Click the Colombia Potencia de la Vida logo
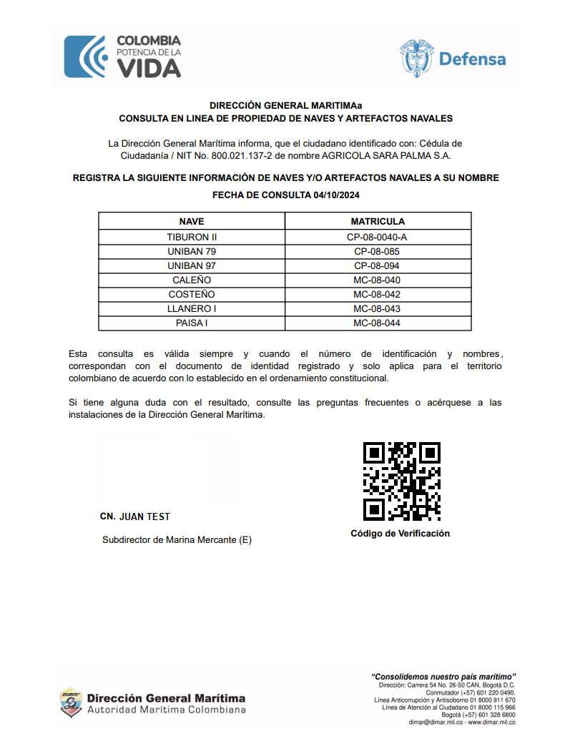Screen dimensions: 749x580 [122, 57]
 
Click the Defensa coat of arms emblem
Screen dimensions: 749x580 [416, 58]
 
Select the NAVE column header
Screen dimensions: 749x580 [192, 222]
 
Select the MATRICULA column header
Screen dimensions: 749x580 [377, 222]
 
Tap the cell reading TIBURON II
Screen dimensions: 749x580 [192, 237]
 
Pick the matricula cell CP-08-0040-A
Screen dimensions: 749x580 [377, 237]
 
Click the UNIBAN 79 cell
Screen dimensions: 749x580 [192, 251]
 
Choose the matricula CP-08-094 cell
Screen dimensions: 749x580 [377, 265]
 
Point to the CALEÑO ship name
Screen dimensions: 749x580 [192, 280]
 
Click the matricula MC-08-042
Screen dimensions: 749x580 [377, 294]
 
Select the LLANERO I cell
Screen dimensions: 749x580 [192, 308]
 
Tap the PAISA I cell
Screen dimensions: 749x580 [192, 323]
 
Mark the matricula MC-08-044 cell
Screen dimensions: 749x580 [377, 323]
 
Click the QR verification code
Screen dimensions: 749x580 [401, 481]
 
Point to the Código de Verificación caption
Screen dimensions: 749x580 [400, 534]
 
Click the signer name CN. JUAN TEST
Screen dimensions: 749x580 [135, 517]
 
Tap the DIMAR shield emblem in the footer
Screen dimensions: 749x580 [70, 702]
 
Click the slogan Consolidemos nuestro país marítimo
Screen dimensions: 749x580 [443, 676]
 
